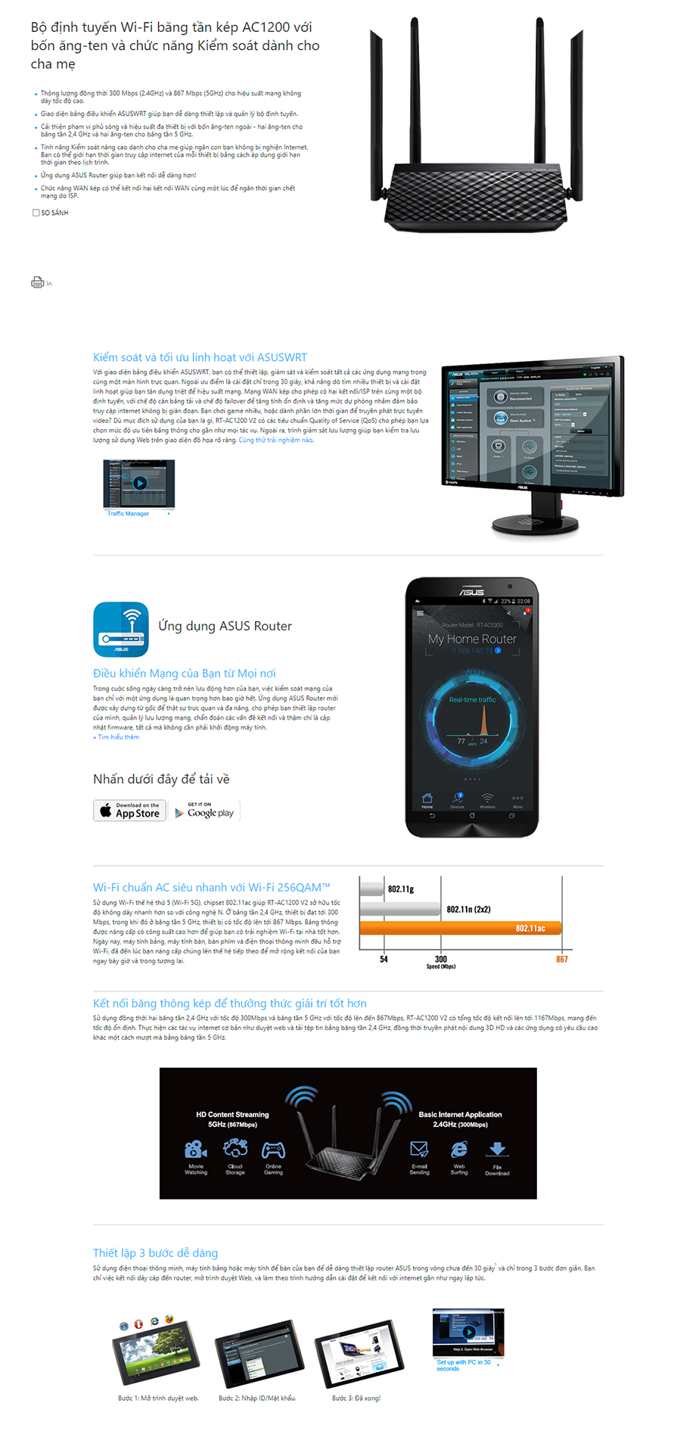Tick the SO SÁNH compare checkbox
coord(36,213)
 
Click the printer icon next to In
coord(37,282)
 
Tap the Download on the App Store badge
coord(129,811)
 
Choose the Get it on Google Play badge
coord(204,811)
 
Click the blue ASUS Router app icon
coord(121,629)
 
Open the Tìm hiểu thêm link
coord(117,737)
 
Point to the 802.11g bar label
coord(401,889)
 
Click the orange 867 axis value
coord(562,959)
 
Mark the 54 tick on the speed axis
coord(384,959)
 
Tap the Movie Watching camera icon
coord(196,1150)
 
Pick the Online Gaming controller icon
coord(273,1150)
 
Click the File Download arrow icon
coord(497,1150)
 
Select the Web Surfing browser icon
coord(459,1150)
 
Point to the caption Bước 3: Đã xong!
coord(356,1398)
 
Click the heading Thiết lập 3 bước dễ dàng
coord(155,1252)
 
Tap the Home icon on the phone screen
coord(427,799)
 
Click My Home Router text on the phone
coord(472,639)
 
